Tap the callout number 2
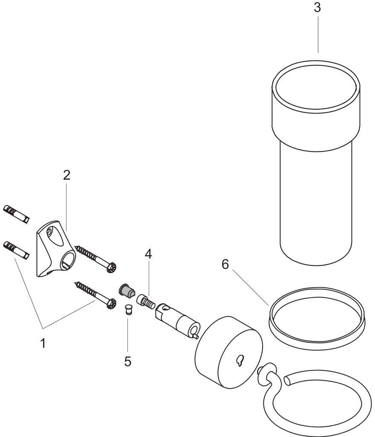(x=66, y=175)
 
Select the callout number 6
(x=225, y=265)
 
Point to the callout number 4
(x=148, y=254)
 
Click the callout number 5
(x=128, y=361)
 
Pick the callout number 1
(x=43, y=343)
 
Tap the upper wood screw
(x=96, y=257)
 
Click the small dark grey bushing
(x=125, y=291)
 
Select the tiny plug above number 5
(x=127, y=309)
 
